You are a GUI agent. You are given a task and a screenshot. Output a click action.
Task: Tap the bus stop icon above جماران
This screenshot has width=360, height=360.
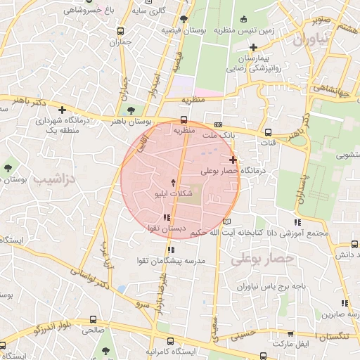pos(121,31)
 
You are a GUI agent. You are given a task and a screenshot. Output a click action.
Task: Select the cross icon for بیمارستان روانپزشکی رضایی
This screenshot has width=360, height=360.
pos(253,47)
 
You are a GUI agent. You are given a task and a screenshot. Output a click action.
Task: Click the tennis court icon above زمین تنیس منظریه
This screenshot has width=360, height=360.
pos(243,19)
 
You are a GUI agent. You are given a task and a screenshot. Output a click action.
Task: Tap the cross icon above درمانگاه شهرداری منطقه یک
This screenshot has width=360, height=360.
pos(63,110)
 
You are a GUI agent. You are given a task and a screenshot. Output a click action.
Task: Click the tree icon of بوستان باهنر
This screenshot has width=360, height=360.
pos(130,110)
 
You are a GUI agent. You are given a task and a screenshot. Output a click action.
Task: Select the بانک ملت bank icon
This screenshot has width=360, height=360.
pos(218,122)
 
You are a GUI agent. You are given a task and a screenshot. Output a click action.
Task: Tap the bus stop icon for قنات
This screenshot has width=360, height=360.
pos(267,131)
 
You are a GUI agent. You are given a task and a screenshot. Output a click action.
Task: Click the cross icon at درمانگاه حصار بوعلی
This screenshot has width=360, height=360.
pos(233,160)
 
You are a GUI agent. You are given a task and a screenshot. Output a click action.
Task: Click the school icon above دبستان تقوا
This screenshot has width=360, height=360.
pos(166,217)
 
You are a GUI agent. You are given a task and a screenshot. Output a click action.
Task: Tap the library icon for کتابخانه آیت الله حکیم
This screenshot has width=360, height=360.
pos(226,221)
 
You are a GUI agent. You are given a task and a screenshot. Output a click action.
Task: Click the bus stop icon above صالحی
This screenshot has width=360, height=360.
pos(94,318)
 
